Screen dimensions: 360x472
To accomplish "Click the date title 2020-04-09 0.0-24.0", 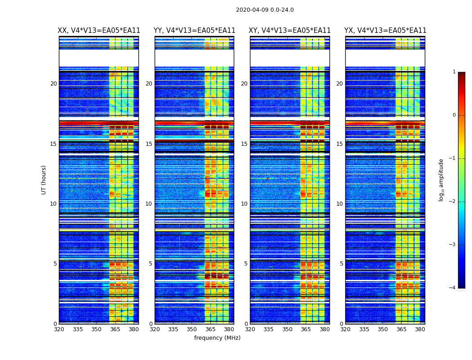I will click(x=265, y=10).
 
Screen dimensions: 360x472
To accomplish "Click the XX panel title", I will click(x=99, y=31).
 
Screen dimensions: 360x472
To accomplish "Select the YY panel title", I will click(x=195, y=31).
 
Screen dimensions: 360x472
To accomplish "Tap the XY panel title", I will click(x=290, y=31).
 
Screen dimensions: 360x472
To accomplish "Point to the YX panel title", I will click(x=385, y=31).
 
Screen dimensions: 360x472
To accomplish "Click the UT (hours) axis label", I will click(x=44, y=180).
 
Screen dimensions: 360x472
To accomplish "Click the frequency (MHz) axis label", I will click(x=217, y=338).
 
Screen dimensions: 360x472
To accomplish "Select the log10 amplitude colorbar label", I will click(x=441, y=180).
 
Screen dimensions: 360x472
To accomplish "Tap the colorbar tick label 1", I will click(x=454, y=72).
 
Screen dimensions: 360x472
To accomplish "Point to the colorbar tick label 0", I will click(x=454, y=115).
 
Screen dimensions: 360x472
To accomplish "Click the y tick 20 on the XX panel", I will click(x=53, y=84).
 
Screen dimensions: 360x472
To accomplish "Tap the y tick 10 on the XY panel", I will click(x=244, y=204).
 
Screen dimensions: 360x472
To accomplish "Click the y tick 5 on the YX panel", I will click(x=341, y=264).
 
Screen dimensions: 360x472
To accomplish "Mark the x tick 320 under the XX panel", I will click(x=59, y=329).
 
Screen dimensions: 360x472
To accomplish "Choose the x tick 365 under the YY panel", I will click(x=210, y=329).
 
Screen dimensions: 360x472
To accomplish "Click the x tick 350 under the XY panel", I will click(x=287, y=329).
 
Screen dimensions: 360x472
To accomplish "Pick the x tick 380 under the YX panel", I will click(x=420, y=329).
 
